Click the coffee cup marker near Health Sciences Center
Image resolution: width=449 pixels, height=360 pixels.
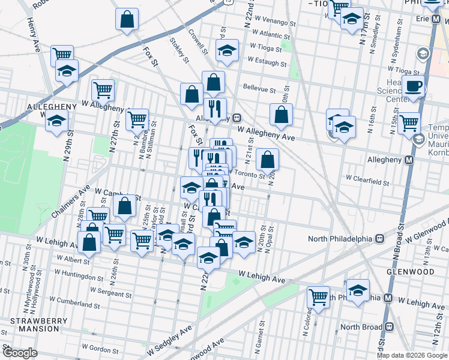click(x=413, y=85)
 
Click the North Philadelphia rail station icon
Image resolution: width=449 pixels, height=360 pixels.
click(x=379, y=238)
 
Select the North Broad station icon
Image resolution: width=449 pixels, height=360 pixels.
click(x=389, y=327)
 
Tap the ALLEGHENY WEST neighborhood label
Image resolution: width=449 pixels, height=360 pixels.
click(x=52, y=106)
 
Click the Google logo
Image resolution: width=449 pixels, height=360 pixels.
click(x=19, y=352)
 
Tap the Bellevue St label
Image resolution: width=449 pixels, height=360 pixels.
click(x=259, y=87)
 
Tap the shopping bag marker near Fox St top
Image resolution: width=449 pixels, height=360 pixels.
click(x=127, y=20)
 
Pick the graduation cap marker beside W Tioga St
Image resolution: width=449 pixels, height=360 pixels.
click(x=228, y=51)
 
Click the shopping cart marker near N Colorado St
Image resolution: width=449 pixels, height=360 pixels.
click(x=318, y=296)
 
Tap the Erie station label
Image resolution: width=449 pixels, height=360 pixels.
click(x=424, y=19)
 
